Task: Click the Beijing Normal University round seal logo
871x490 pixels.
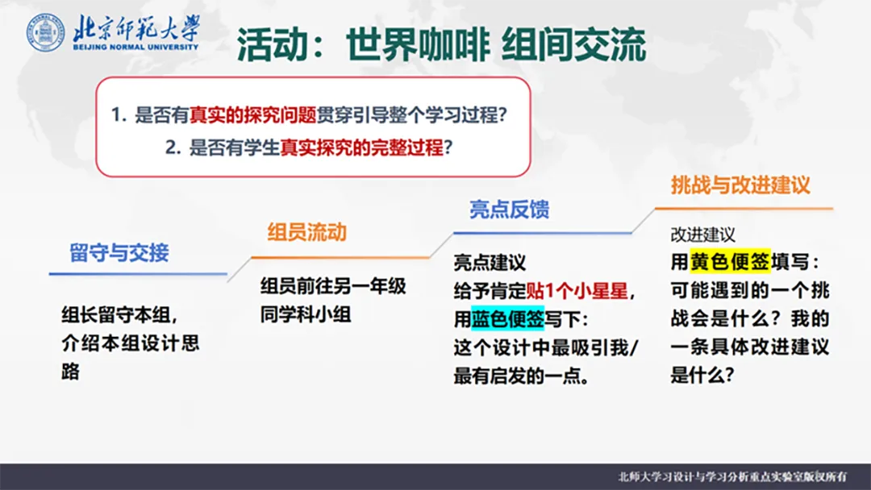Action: [45, 33]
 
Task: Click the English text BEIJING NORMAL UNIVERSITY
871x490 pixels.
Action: [135, 48]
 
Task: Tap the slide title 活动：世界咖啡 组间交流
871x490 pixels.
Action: [442, 44]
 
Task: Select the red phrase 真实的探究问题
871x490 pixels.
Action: [252, 115]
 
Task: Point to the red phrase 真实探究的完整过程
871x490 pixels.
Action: [361, 147]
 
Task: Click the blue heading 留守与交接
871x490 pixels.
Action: [119, 252]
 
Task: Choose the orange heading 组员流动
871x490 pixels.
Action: [307, 232]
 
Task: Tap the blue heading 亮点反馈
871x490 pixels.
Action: [510, 210]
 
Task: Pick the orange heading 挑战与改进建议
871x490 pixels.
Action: [740, 185]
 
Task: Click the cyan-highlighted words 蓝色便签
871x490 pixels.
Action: [508, 319]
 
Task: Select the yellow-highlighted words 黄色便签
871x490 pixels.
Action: [730, 261]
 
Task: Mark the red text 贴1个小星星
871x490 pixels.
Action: [577, 291]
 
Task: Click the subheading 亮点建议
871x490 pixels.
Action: [490, 263]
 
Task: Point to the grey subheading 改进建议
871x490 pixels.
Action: [702, 235]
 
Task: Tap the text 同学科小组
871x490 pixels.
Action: [306, 314]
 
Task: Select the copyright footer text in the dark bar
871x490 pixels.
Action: [732, 476]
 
